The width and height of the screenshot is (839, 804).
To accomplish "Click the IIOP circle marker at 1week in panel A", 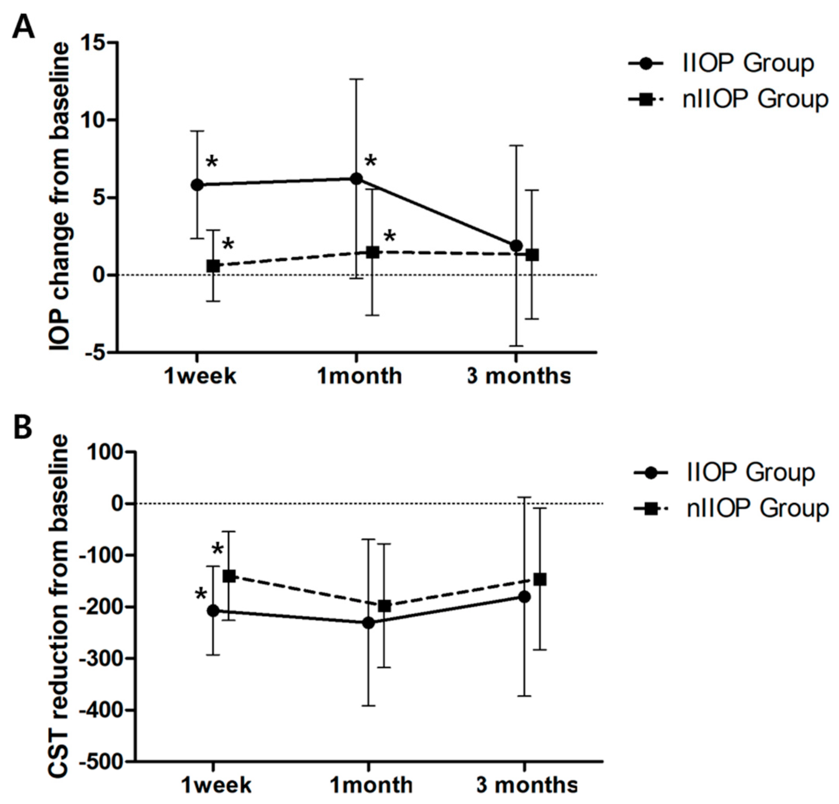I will tap(197, 185).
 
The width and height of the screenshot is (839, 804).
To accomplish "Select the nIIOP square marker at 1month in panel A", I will tap(373, 252).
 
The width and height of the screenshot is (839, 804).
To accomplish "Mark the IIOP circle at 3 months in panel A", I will tap(516, 245).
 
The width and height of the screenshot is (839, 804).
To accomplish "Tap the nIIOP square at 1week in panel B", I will tap(229, 576).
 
